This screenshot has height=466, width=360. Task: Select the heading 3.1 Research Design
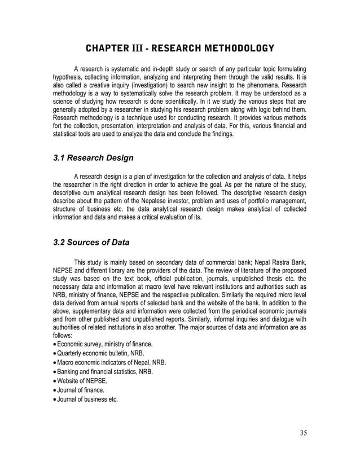(93, 158)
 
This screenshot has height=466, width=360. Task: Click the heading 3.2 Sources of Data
(91, 243)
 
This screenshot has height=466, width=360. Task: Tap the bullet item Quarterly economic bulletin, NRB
(102, 354)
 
